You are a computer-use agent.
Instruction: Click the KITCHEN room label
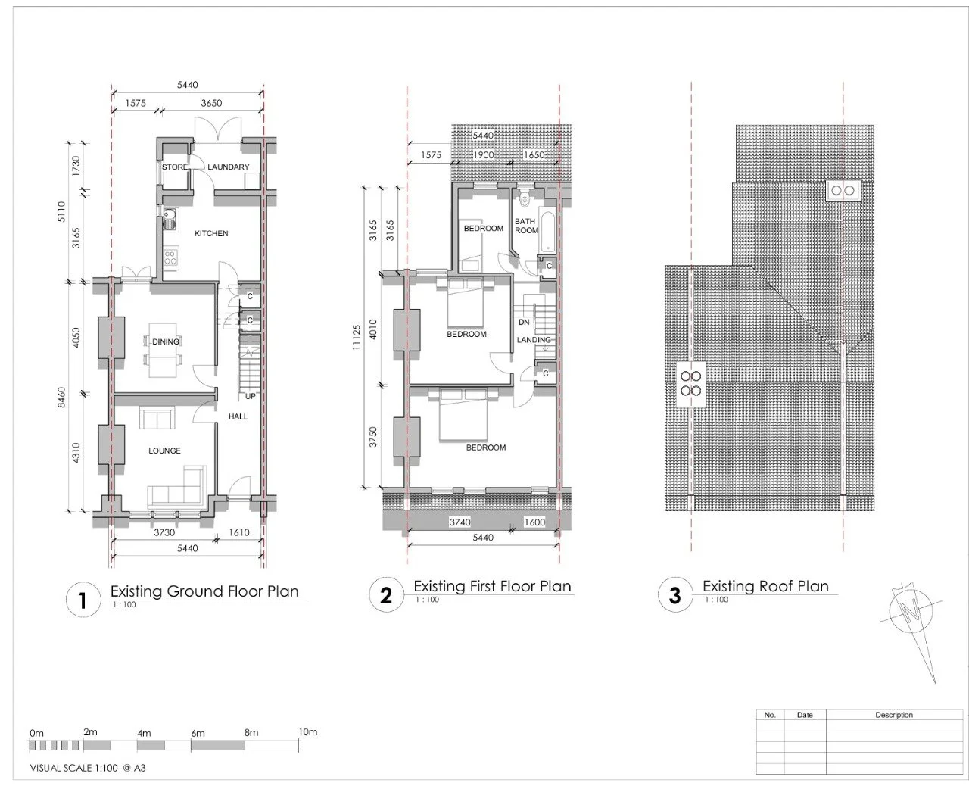pos(211,233)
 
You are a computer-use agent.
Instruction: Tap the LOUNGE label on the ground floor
pos(164,451)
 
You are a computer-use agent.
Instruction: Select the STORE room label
pos(175,167)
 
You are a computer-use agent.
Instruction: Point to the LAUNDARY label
pos(229,167)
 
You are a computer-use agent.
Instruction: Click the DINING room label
pos(166,341)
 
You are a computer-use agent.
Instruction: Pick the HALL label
pos(238,416)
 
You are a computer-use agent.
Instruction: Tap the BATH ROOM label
pos(526,226)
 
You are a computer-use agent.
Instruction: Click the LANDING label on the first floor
pos(534,340)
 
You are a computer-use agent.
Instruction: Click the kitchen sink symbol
pos(169,219)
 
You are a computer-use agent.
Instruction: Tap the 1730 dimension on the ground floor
pos(76,166)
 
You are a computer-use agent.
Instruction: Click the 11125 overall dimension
pos(357,337)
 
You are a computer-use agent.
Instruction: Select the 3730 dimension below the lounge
pos(164,532)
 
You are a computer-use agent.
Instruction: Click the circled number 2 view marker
pos(386,595)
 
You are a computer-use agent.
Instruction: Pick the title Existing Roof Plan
pos(765,587)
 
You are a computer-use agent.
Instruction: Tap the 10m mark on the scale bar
pos(308,732)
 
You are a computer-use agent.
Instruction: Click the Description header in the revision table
pos(894,715)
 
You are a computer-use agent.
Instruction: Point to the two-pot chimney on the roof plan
pos(843,190)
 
